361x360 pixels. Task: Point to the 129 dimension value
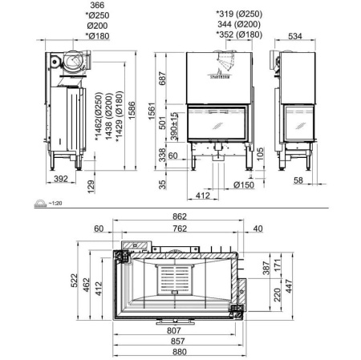point(92,186)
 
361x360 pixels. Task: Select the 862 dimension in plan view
point(180,216)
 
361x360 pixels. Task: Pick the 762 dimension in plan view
point(180,229)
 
